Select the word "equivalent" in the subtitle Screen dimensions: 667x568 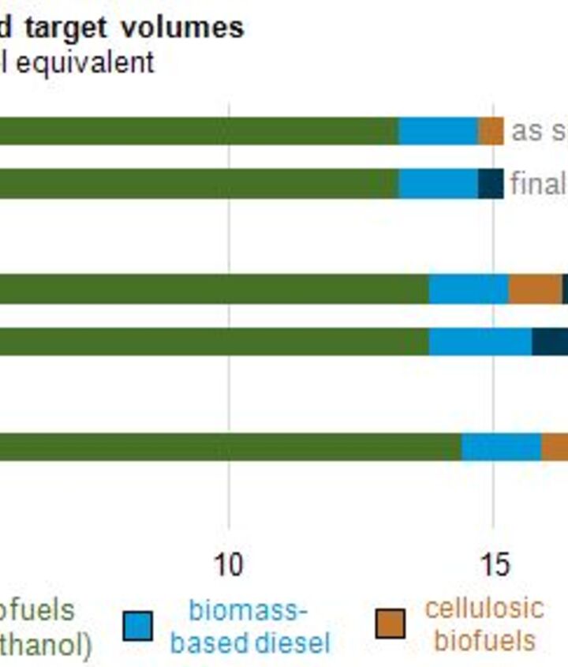coord(85,62)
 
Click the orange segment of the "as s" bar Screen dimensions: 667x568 coord(491,131)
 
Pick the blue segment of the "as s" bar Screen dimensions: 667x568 coord(438,131)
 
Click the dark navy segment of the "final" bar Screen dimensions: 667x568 coord(491,183)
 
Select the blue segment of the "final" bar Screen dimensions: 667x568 coord(438,183)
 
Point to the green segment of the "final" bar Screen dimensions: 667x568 coord(197,183)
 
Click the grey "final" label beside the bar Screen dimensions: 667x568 coord(538,183)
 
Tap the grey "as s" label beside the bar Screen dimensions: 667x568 coord(538,131)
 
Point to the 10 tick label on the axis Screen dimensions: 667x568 coord(229,564)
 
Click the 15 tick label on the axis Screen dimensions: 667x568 coord(494,564)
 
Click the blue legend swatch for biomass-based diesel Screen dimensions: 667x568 coord(137,625)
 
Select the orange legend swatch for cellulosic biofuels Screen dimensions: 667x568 coord(390,624)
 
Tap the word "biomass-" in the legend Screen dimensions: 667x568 coord(248,610)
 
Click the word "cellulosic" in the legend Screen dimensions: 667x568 coord(484,608)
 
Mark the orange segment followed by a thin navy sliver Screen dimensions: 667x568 coord(535,289)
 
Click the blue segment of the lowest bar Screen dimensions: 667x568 coord(501,447)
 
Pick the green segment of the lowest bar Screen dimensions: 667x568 coord(229,447)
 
